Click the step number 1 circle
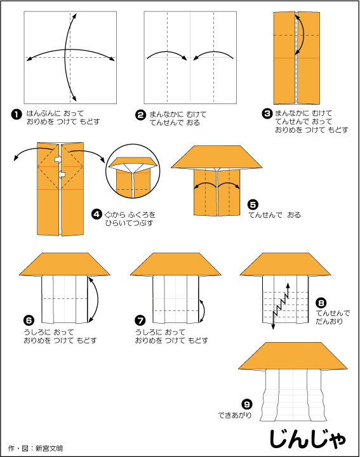[x=17, y=114]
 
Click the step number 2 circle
[x=140, y=115]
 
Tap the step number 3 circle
[x=267, y=114]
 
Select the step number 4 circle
[x=97, y=215]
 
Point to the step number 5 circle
[x=253, y=204]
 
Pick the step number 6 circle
[x=29, y=321]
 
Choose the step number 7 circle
[x=140, y=321]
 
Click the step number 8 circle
[x=321, y=303]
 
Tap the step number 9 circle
[x=247, y=404]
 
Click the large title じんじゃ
[x=308, y=439]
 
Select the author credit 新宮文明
[x=49, y=448]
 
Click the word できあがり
[x=235, y=415]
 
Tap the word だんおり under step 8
[x=329, y=321]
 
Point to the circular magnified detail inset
[x=133, y=171]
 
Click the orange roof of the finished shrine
[x=293, y=356]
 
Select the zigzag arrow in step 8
[x=281, y=306]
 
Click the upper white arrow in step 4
[x=58, y=159]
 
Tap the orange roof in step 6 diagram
[x=64, y=264]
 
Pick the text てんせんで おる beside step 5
[x=274, y=215]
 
